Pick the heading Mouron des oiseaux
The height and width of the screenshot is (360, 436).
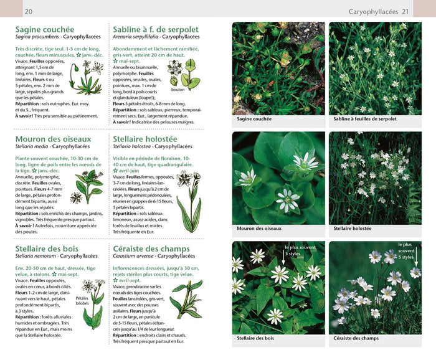[53, 139]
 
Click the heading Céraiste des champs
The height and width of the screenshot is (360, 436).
[160, 249]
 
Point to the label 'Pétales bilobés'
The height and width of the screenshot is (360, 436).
[82, 301]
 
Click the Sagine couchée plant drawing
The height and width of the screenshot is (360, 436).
[87, 77]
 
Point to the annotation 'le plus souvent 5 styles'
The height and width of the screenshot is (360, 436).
[407, 250]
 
